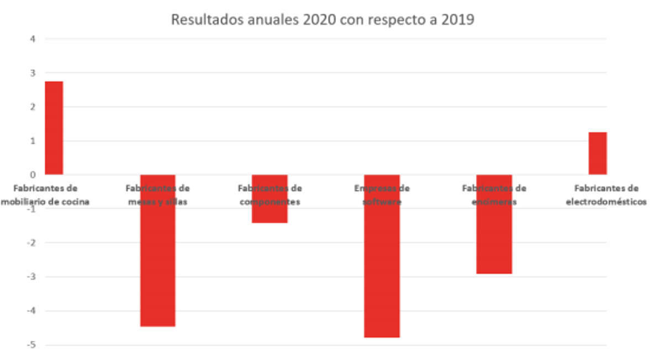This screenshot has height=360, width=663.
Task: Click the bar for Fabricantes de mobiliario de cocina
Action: click(54, 128)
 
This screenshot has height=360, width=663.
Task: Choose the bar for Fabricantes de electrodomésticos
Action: click(597, 153)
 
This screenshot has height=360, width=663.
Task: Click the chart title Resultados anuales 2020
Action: click(323, 19)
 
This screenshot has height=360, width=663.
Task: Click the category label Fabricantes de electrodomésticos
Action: click(606, 195)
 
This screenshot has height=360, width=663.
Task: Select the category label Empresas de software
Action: click(382, 195)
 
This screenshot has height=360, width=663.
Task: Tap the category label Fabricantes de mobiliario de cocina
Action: click(45, 195)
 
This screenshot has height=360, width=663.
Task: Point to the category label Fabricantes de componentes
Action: click(270, 195)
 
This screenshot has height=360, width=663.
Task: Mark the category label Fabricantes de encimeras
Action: click(494, 195)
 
